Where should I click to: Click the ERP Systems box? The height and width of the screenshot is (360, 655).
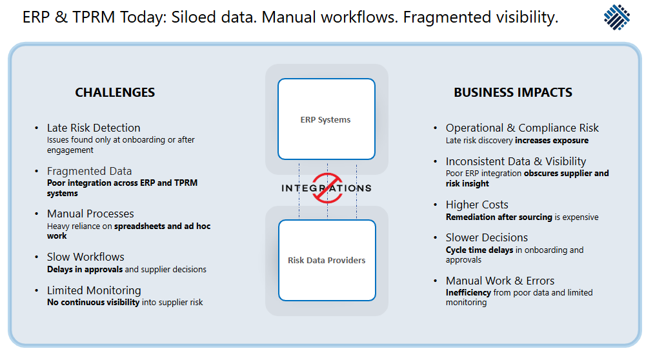(x=326, y=119)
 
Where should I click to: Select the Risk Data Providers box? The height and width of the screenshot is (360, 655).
(x=327, y=260)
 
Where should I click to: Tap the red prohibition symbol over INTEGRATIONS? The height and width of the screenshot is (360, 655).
(x=327, y=188)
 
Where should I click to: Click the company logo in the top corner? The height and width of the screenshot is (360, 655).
(x=618, y=18)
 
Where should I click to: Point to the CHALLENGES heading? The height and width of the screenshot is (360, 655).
(x=115, y=92)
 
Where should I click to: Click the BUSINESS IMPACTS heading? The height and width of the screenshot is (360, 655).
(x=513, y=92)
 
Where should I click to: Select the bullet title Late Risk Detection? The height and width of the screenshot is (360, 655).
(x=94, y=128)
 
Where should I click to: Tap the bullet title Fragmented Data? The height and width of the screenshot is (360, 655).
(x=89, y=171)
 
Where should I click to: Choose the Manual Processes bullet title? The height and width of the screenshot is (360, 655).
(x=90, y=214)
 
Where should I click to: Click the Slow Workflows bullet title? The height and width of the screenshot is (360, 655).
(x=86, y=257)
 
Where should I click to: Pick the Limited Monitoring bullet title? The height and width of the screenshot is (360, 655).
(x=94, y=290)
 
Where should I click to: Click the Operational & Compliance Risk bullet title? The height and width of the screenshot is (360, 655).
(x=522, y=128)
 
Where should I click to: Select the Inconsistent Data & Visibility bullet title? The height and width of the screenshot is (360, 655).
(x=516, y=161)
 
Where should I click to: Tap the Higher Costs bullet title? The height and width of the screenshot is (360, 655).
(x=477, y=205)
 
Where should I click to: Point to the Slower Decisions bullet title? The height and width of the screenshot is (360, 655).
(x=487, y=237)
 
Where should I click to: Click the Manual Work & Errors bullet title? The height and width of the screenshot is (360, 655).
(x=500, y=281)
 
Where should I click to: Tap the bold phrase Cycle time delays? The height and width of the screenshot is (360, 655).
(x=479, y=250)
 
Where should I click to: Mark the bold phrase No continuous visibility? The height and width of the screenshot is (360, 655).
(x=93, y=302)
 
